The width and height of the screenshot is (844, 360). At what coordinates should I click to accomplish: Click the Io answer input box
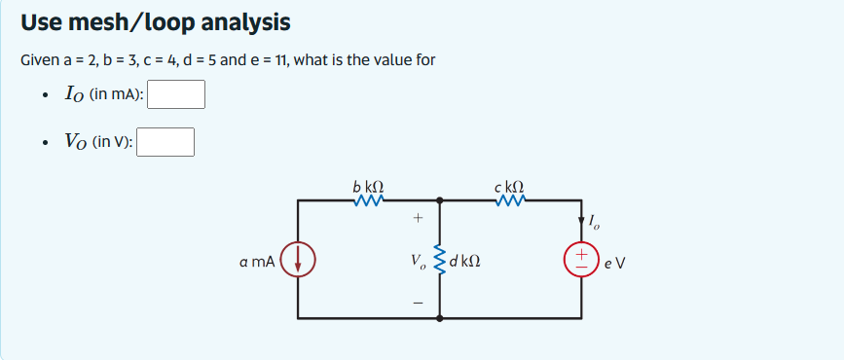[175, 94]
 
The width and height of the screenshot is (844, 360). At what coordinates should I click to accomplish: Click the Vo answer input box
[165, 142]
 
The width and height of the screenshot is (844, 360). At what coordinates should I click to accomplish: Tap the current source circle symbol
[297, 260]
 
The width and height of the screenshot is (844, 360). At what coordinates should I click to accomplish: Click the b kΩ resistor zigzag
[370, 201]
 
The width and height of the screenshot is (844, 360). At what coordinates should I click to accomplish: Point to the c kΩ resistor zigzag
[510, 201]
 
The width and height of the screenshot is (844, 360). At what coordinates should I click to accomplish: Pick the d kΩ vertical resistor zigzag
[440, 259]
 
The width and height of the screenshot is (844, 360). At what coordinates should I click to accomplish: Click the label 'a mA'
[257, 261]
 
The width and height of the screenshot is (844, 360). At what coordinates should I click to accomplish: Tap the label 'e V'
[613, 261]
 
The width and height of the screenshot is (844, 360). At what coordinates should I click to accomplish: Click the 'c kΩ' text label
[509, 185]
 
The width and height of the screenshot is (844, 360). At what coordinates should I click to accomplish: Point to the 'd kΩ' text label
[465, 261]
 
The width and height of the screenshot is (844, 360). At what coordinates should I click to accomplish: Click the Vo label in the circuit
[417, 261]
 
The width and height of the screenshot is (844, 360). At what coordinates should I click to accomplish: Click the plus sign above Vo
[417, 219]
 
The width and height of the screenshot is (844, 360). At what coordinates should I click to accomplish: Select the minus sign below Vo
[417, 302]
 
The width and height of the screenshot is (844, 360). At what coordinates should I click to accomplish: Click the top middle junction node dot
[440, 201]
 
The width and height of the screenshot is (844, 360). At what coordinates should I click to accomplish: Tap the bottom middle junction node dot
[440, 318]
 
